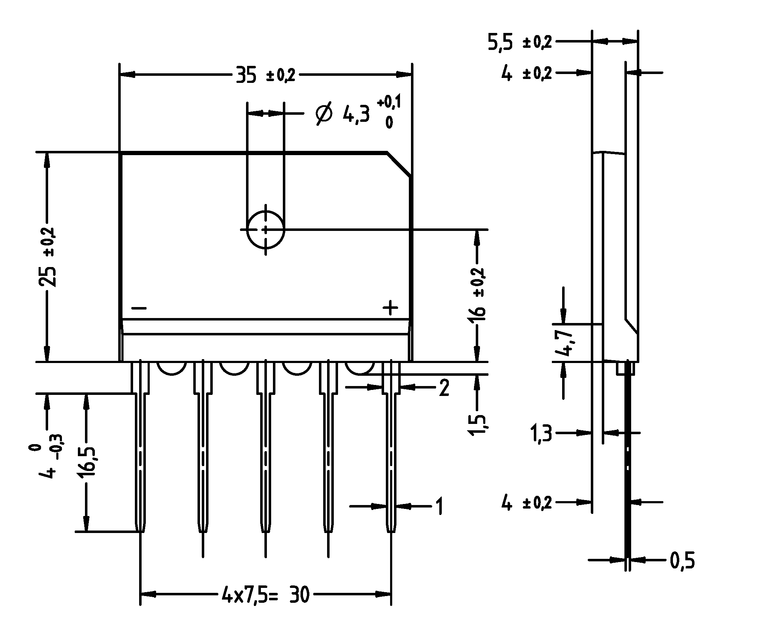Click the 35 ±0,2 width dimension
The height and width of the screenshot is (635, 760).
coord(265,75)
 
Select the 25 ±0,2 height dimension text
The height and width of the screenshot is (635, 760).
coord(47,257)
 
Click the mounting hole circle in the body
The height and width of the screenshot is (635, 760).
coord(265,230)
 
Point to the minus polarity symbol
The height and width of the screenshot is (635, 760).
coord(139,308)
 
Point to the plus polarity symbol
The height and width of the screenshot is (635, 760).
coord(390,308)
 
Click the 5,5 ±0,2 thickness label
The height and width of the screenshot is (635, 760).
coord(520,42)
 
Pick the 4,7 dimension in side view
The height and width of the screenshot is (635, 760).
coord(565,343)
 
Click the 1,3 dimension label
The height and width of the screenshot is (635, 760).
coord(541,433)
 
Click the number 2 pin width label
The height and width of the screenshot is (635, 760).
coord(444,388)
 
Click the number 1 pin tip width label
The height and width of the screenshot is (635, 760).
coord(439,506)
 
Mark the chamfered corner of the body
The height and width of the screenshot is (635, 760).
coord(399,165)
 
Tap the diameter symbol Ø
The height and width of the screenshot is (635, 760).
coord(323,114)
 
